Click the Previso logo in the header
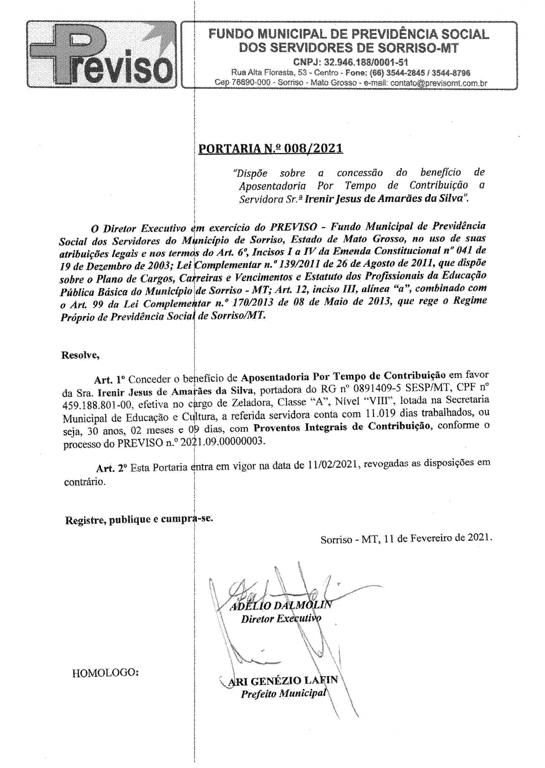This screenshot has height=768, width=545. (101, 55)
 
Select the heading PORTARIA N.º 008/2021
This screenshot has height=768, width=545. (270, 148)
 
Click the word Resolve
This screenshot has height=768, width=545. (80, 355)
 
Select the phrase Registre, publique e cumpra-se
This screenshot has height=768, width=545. (139, 520)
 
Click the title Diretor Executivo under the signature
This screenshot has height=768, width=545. (281, 618)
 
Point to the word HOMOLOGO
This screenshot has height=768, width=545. (105, 672)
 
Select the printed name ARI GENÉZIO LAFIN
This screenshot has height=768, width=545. (283, 680)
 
